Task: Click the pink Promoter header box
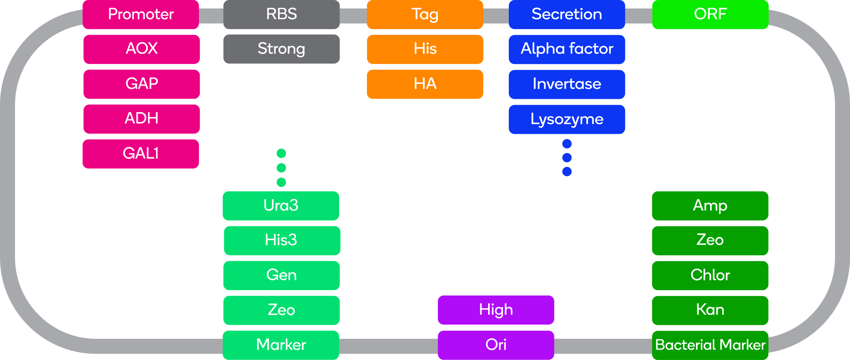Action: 141,15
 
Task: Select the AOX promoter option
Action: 142,49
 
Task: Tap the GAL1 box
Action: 141,154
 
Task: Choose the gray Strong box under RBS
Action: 281,49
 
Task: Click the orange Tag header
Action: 425,15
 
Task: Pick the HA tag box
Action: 425,84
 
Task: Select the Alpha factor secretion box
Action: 567,49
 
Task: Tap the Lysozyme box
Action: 567,119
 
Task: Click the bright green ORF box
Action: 710,15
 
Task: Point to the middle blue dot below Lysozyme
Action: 567,158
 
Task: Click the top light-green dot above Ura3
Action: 281,154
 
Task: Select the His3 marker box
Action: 282,240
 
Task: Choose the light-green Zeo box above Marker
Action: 281,310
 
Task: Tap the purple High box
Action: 496,310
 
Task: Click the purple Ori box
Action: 496,345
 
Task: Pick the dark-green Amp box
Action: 710,206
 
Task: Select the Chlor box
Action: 710,275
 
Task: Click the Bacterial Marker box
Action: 710,345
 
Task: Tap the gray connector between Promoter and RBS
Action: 211,16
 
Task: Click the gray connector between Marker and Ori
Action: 388,346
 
